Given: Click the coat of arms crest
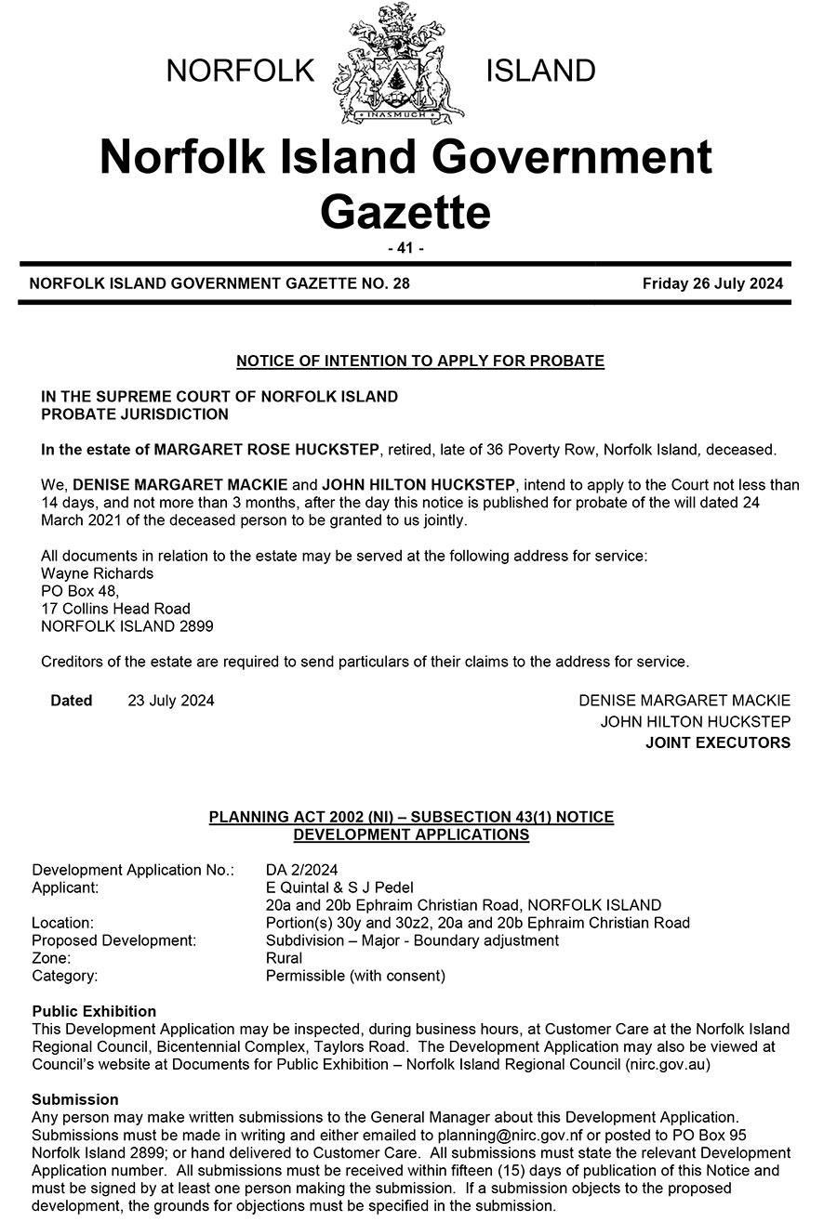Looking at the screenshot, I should [x=404, y=65].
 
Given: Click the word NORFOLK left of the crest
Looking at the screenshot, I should [x=241, y=71].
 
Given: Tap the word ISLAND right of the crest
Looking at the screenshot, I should [x=541, y=71].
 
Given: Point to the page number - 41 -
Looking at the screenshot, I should [x=405, y=248].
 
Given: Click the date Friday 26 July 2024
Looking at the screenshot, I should [x=712, y=283].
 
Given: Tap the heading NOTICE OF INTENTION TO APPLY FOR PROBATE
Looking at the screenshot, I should [x=420, y=361].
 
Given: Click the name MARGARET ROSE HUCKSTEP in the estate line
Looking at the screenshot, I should [x=266, y=450].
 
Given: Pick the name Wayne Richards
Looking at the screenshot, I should [x=98, y=573].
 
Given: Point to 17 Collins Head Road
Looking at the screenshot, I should [x=116, y=609].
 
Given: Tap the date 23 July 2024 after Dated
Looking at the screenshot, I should [x=171, y=701].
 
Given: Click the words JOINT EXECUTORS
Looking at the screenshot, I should [x=718, y=742].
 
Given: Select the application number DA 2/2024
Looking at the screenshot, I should [x=302, y=871].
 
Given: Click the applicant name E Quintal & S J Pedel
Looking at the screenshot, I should [x=339, y=887].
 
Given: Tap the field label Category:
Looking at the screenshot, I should [x=65, y=976].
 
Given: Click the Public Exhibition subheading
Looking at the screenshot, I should [x=94, y=1011].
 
